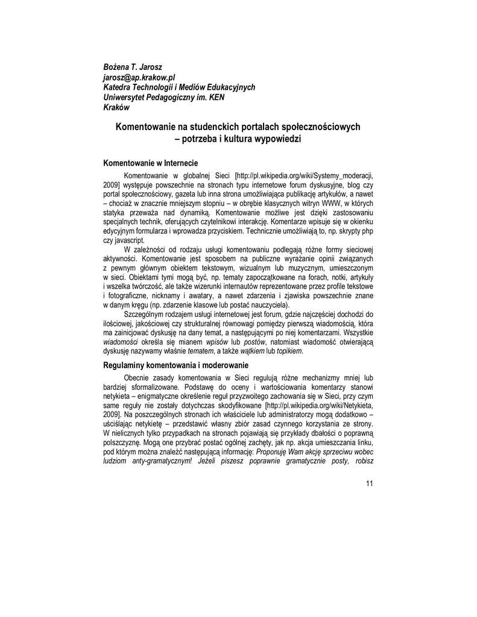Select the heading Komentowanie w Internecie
[x=151, y=163]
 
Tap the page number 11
[x=370, y=484]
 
